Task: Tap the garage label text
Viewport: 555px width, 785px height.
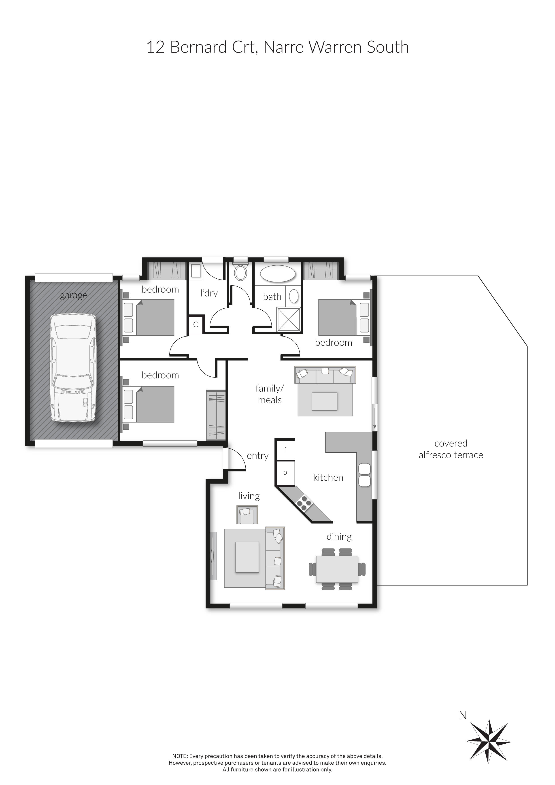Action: (73, 295)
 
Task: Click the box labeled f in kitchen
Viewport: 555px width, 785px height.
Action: (285, 450)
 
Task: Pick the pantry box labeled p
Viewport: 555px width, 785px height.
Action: (285, 473)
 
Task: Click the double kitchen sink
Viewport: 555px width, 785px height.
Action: (364, 475)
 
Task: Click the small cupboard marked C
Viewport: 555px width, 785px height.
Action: (196, 324)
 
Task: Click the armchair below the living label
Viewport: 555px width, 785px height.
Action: (247, 514)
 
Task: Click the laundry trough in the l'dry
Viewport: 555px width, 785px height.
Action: (196, 271)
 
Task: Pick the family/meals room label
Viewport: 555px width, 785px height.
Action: (269, 394)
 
